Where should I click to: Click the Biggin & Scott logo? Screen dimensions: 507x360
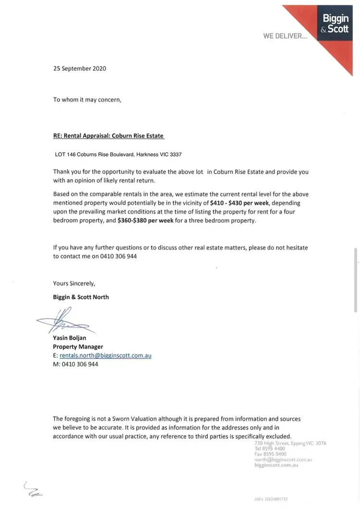pyautogui.click(x=336, y=24)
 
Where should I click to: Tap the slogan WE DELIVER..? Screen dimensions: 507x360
pyautogui.click(x=285, y=36)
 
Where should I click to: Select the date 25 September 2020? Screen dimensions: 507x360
pyautogui.click(x=80, y=68)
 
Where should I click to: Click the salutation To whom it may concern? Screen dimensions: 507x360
pyautogui.click(x=87, y=100)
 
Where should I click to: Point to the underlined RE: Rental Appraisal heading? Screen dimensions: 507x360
pyautogui.click(x=108, y=136)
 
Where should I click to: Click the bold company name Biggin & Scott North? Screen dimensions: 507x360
pyautogui.click(x=81, y=297)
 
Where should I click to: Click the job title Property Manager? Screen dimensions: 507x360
pyautogui.click(x=78, y=347)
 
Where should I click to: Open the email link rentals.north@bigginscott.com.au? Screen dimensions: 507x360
pyautogui.click(x=106, y=355)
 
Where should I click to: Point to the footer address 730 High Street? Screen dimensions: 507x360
pyautogui.click(x=290, y=443)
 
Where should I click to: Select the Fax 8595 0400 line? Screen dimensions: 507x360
pyautogui.click(x=270, y=454)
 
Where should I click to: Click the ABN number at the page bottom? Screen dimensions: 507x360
pyautogui.click(x=275, y=499)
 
